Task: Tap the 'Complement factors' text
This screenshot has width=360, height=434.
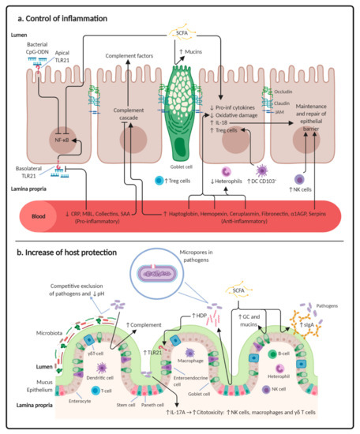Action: click(x=130, y=57)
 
